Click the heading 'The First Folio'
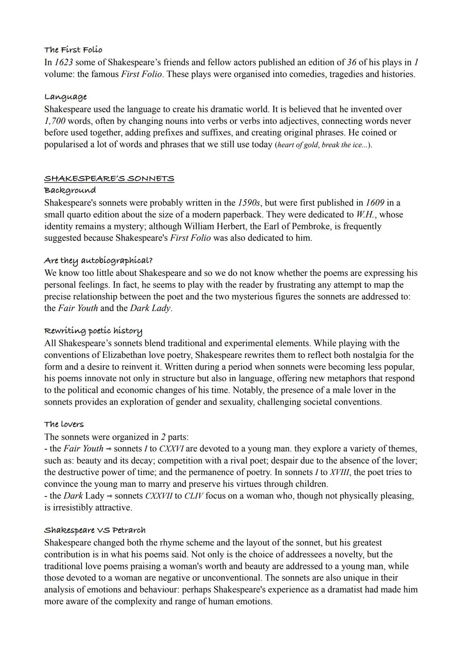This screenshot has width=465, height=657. coord(73,50)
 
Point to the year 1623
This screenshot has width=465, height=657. coord(63,62)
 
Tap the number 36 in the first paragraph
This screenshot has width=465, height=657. coord(352,62)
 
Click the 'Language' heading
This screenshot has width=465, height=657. coord(65,97)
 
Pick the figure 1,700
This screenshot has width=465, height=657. coord(55,121)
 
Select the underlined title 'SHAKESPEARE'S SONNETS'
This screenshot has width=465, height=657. coord(109,179)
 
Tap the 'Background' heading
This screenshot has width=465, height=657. coord(70,190)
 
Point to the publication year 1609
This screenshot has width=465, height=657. coord(375,203)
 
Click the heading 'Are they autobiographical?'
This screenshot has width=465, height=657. coord(98,261)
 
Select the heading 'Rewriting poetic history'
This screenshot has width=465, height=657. coord(93,331)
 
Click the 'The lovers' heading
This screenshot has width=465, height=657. coord(64,424)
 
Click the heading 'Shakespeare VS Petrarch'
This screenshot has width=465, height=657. coord(95,530)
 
